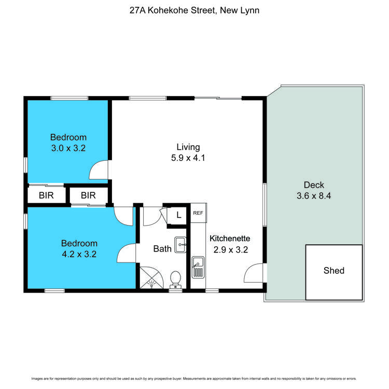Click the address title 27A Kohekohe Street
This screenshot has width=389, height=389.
194,10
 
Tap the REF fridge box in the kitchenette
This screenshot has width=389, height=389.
198,213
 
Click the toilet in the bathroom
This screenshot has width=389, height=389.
176,279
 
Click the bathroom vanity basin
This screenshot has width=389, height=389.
180,244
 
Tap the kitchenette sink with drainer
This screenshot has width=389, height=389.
198,267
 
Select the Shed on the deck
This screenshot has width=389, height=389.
334,271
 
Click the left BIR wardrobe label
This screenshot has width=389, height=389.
47,196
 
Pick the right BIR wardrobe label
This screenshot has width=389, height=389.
89,196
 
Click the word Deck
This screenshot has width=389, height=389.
314,185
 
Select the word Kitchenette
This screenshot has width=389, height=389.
230,239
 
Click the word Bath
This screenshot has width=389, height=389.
162,249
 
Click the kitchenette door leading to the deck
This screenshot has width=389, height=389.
254,272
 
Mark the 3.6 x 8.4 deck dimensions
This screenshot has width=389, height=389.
314,196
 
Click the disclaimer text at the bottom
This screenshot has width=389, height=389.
194,378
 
